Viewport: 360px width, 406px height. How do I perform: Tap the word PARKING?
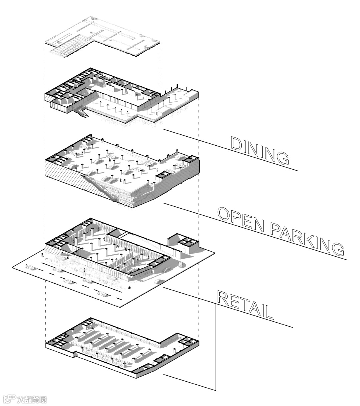tap(307, 239)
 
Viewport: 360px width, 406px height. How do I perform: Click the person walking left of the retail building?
tap(42, 254)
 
